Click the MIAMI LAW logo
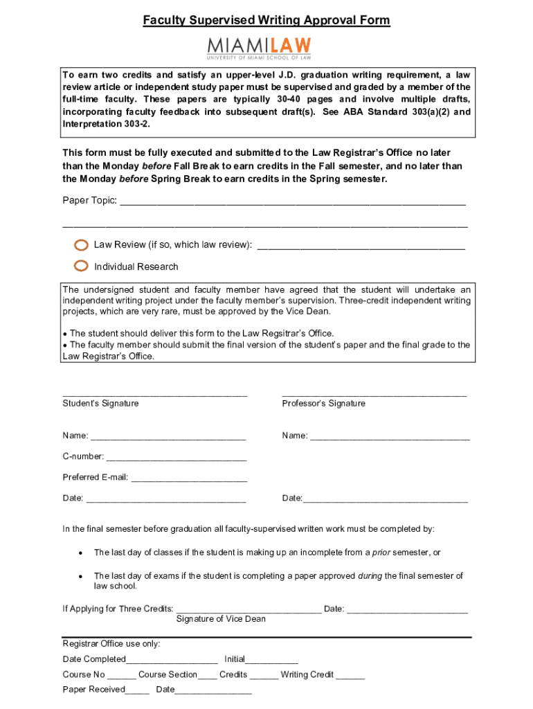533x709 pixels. [x=259, y=48]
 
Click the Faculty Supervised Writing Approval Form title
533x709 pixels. [x=266, y=21]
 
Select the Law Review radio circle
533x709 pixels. [x=81, y=244]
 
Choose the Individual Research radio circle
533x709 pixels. [x=81, y=266]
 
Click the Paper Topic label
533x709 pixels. [x=89, y=201]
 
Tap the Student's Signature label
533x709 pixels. [x=100, y=403]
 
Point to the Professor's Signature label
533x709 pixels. [x=323, y=403]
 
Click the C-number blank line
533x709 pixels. [x=177, y=458]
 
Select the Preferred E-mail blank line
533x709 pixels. [x=189, y=478]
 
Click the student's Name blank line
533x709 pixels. [x=168, y=437]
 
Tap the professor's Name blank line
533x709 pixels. [x=390, y=437]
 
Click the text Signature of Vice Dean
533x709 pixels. [x=221, y=618]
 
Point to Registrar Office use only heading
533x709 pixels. [x=111, y=643]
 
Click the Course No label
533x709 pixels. [x=84, y=674]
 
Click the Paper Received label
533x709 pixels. [x=93, y=689]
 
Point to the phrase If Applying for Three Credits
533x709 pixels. [x=118, y=609]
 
